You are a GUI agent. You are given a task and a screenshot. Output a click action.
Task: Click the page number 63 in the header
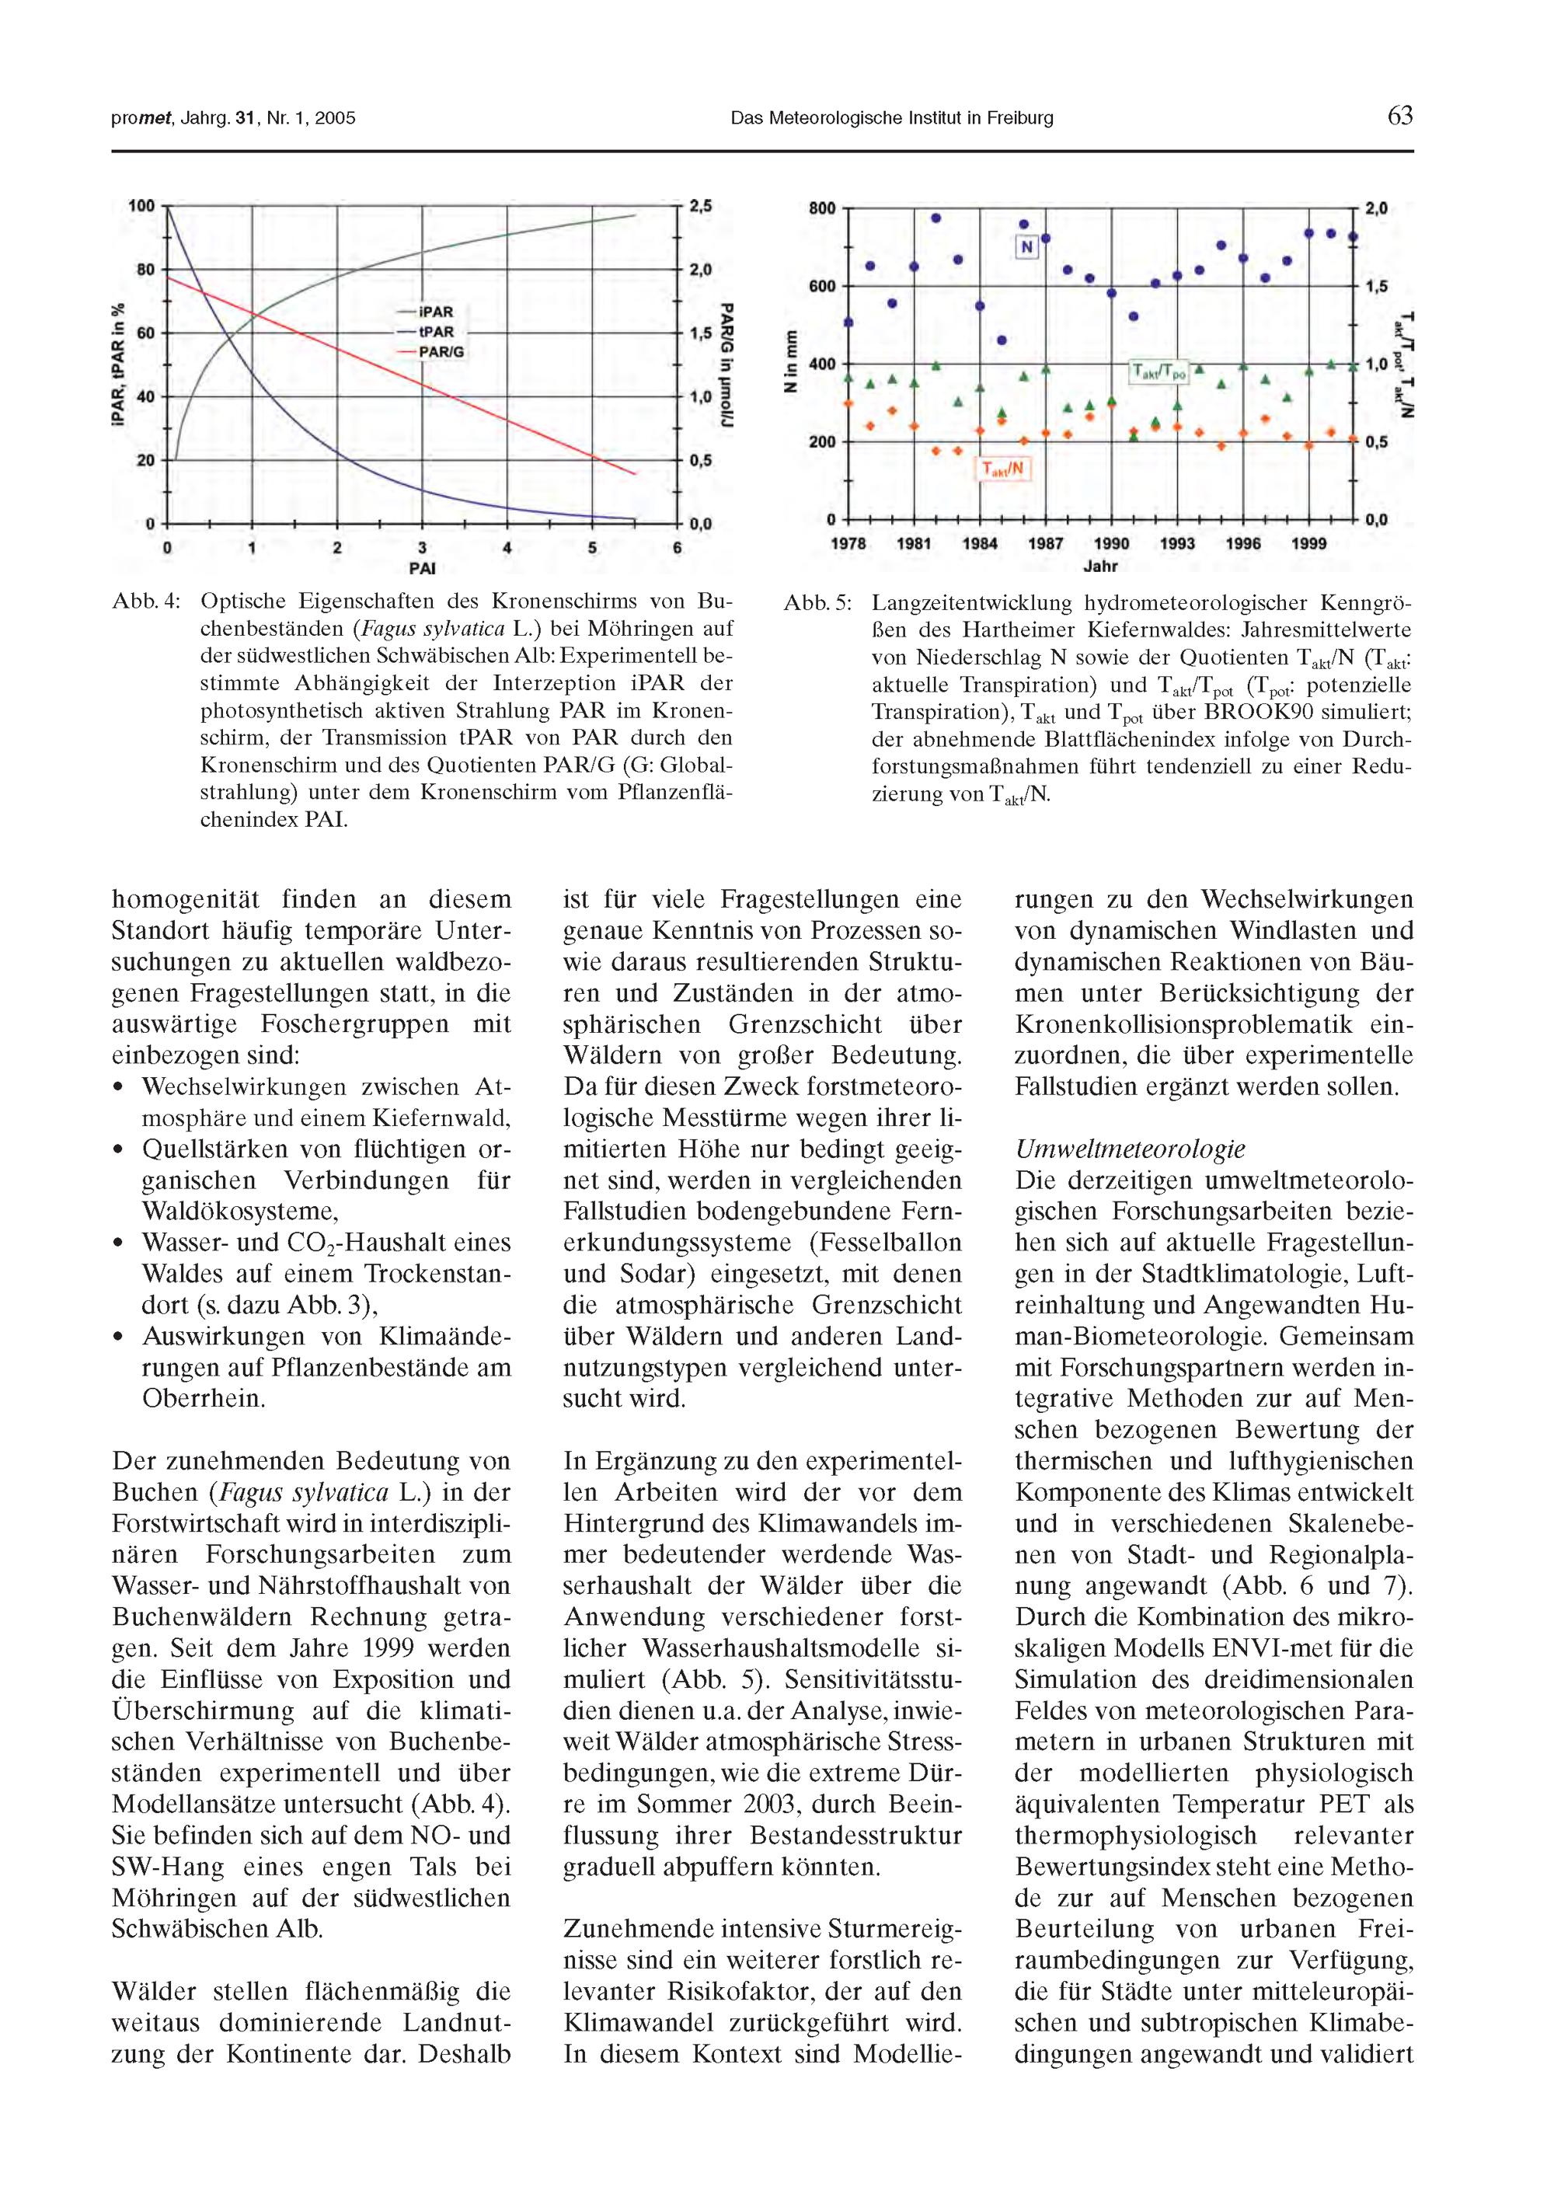coord(1399,117)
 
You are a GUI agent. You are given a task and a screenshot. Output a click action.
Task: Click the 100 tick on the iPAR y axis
coord(141,207)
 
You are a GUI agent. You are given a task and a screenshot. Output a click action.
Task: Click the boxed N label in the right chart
coord(1026,248)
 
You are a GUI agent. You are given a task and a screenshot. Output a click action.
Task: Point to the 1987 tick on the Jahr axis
coord(1045,543)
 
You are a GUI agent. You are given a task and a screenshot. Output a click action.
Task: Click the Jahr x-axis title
coord(1100,567)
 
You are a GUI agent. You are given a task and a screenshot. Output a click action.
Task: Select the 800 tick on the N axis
coord(822,207)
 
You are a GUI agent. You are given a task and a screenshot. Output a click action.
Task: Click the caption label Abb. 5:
coord(817,604)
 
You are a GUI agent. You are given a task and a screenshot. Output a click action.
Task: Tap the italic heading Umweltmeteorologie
coord(1130,1149)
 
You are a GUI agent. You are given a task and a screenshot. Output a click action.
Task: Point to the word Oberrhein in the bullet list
coord(203,1398)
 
